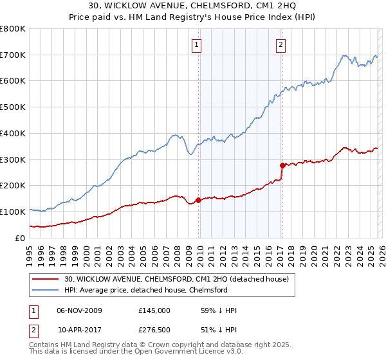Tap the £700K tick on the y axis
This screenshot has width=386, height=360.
pyautogui.click(x=13, y=55)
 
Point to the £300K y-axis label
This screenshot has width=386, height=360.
pyautogui.click(x=13, y=159)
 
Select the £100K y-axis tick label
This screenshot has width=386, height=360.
pyautogui.click(x=13, y=212)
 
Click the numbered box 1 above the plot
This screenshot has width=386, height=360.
pyautogui.click(x=196, y=44)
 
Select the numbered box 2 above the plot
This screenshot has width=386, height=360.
pyautogui.click(x=281, y=44)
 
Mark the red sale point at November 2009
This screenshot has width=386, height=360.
pyautogui.click(x=198, y=200)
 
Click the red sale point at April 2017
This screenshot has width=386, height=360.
pyautogui.click(x=282, y=165)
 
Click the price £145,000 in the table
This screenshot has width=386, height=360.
pyautogui.click(x=154, y=310)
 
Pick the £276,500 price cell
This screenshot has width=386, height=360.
pyautogui.click(x=154, y=330)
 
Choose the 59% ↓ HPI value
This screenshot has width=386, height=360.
pyautogui.click(x=219, y=310)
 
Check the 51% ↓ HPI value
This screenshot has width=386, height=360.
pyautogui.click(x=219, y=330)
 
